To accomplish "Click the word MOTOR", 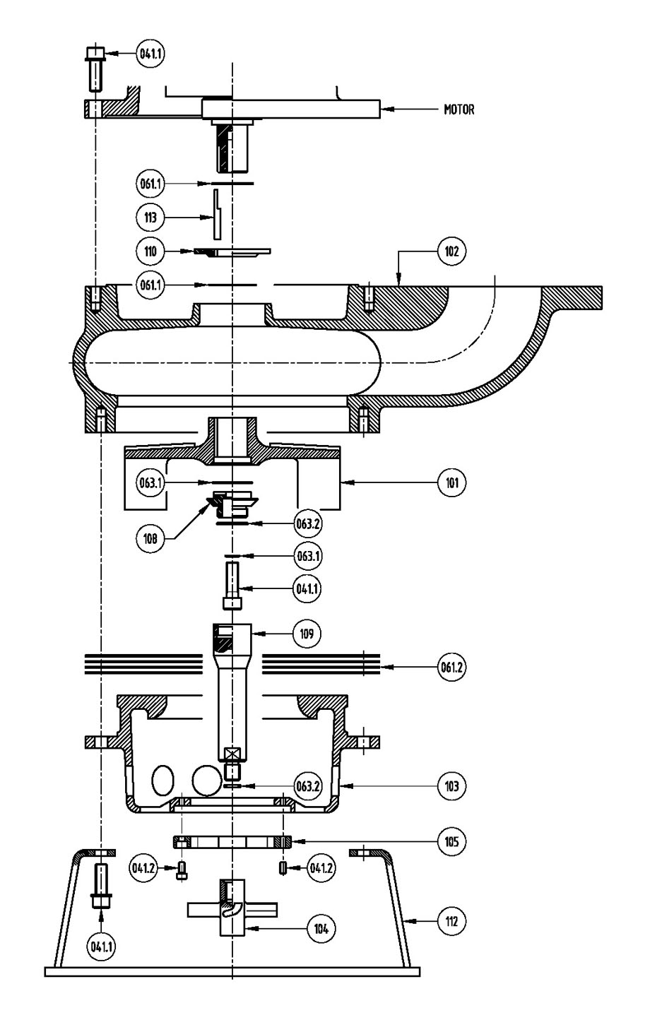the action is tap(459, 109).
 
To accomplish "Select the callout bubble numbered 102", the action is tap(451, 251).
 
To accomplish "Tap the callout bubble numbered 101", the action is tap(451, 482).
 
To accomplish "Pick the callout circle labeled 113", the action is tap(150, 218).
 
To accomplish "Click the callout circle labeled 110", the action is tap(150, 251).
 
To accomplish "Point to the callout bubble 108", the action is tap(150, 539).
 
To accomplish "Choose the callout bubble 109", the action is tap(307, 634).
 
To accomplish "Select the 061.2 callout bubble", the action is tap(451, 667).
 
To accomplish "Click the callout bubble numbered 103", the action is tap(451, 786).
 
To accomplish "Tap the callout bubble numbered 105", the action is tap(451, 841).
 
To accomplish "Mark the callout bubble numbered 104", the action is tap(321, 928).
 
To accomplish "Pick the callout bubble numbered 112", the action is tap(451, 921).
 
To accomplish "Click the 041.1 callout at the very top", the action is tap(150, 54).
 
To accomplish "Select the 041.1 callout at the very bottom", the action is tap(101, 947).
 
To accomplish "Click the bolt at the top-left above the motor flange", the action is tap(95, 69).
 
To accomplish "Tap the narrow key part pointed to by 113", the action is tap(218, 215).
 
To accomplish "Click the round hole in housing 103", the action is tap(207, 780).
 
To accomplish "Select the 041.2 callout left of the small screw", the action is tap(143, 868).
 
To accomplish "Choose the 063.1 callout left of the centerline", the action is tap(150, 482).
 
